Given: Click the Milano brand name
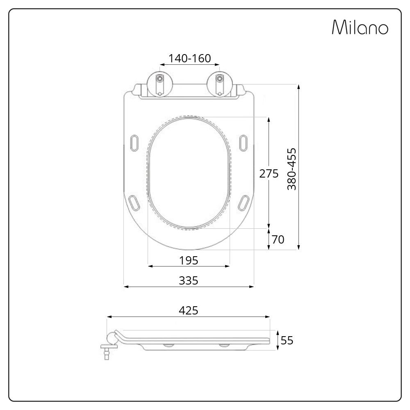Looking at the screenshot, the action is tap(360, 27).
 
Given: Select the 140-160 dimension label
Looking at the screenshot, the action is tap(189, 58).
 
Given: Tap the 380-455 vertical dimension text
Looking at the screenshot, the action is tap(292, 169).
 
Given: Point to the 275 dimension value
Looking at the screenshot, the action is tap(269, 173).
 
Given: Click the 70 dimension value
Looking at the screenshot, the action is tap(278, 239).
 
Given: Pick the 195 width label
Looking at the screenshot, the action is tap(189, 260).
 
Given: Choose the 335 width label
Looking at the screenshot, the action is tap(189, 280).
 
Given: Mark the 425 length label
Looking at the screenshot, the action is tap(189, 310).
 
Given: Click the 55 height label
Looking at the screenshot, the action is tap(287, 340).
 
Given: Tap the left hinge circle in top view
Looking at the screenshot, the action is tap(160, 84).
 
